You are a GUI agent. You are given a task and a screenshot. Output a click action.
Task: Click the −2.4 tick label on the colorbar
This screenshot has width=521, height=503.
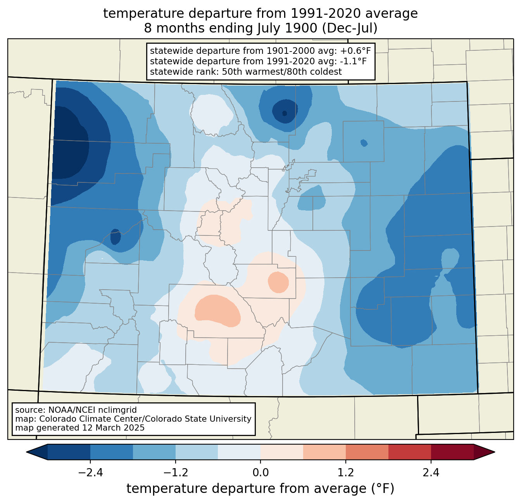click(x=90, y=472)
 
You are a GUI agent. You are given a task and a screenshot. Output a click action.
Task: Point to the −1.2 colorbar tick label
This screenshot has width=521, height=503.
click(x=176, y=472)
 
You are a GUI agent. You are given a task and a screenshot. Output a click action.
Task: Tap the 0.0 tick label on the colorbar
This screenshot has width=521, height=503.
click(x=260, y=472)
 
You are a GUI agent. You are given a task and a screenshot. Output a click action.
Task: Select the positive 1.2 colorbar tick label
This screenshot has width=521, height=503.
click(x=346, y=472)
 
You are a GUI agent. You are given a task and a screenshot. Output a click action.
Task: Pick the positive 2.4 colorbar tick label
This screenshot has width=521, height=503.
click(x=431, y=472)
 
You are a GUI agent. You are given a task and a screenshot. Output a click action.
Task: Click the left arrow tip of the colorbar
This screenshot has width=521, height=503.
click(x=26, y=452)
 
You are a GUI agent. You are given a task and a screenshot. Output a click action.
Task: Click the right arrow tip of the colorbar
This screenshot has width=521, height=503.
click(x=495, y=452)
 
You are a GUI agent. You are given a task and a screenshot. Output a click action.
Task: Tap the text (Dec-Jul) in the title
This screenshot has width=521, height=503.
click(x=349, y=28)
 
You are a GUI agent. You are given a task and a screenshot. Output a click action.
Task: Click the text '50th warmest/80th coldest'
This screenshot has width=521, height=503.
click(x=282, y=72)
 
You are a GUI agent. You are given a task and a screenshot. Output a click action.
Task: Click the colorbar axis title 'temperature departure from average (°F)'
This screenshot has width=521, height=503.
click(x=260, y=488)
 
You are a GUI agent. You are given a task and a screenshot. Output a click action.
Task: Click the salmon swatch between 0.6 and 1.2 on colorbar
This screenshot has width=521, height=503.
click(x=324, y=452)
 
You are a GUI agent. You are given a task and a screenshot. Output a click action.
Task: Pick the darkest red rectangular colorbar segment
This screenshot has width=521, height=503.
click(x=452, y=452)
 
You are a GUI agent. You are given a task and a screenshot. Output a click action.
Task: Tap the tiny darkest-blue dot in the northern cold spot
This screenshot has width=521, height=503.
click(x=284, y=113)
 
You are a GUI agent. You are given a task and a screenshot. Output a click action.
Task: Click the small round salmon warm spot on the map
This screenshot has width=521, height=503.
click(x=278, y=282)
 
